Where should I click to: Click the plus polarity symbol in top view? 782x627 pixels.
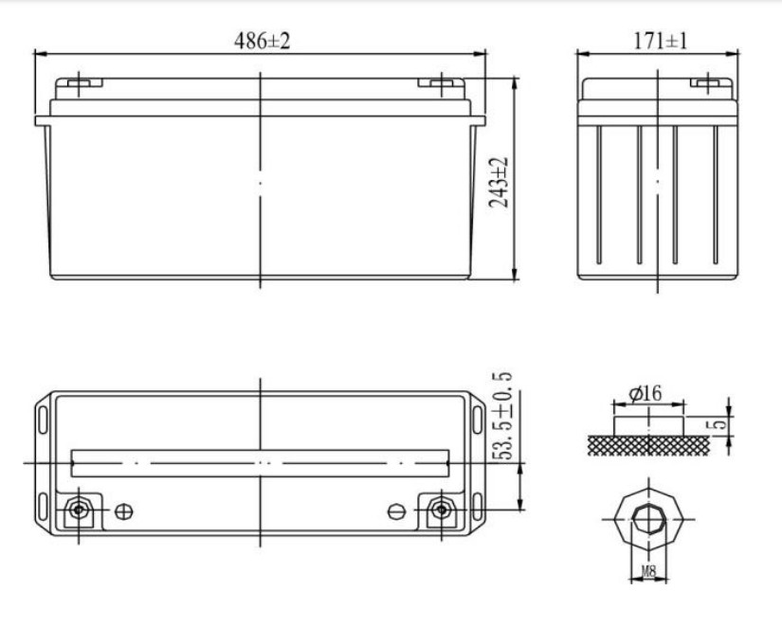point(123,511)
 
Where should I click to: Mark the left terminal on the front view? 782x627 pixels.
point(80,83)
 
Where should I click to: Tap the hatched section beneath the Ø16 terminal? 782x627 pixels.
point(648,443)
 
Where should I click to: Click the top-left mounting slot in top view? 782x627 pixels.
point(44,418)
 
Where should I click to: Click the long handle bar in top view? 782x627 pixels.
point(261,463)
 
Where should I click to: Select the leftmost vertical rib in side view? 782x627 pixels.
point(599,194)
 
